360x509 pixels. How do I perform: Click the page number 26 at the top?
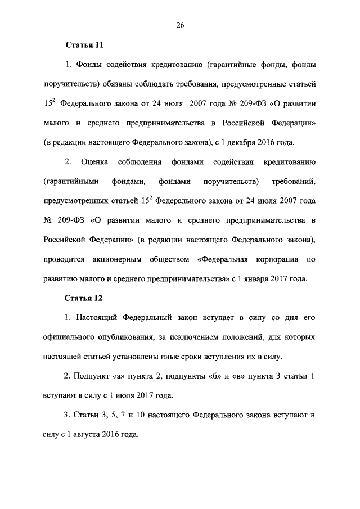pyautogui.click(x=180, y=25)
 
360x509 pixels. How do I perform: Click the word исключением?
pyautogui.click(x=214, y=337)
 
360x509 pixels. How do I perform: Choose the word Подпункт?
pyautogui.click(x=91, y=376)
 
